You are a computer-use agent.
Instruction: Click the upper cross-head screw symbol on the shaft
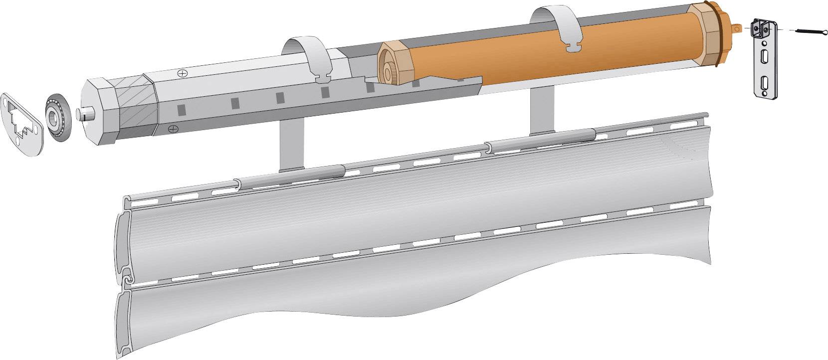point(184,73)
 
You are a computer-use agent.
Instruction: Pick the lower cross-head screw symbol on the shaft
point(173,129)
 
